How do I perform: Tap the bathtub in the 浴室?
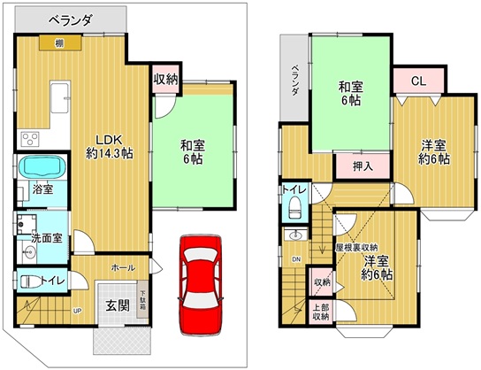pos(36,166)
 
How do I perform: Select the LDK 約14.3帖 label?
pos(110,146)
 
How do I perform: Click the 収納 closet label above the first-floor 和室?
pos(165,81)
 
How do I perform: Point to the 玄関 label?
pos(118,306)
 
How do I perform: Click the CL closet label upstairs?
pos(419,81)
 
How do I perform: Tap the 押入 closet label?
pos(351,166)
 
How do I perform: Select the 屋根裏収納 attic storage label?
pos(357,247)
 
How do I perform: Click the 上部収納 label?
pos(320,312)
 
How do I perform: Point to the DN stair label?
pos(295,259)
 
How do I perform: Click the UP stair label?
pos(78,311)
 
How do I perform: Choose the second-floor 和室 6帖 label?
pos(351,95)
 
